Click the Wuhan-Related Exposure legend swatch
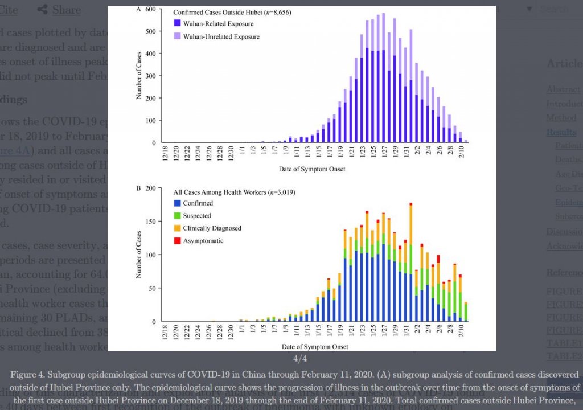pyautogui.click(x=177, y=24)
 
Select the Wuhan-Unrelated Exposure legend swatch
pyautogui.click(x=177, y=37)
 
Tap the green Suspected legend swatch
pyautogui.click(x=177, y=216)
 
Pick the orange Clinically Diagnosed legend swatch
pyautogui.click(x=177, y=228)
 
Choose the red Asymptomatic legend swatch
pyautogui.click(x=177, y=241)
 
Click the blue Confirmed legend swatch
pyautogui.click(x=177, y=203)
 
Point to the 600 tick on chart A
pyautogui.click(x=151, y=10)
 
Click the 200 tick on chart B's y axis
pyautogui.click(x=151, y=188)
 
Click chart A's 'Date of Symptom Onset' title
pyautogui.click(x=311, y=169)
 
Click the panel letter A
pyautogui.click(x=138, y=9)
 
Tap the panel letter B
pyautogui.click(x=138, y=188)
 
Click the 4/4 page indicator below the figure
pyautogui.click(x=300, y=359)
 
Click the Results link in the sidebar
pyautogui.click(x=561, y=132)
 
